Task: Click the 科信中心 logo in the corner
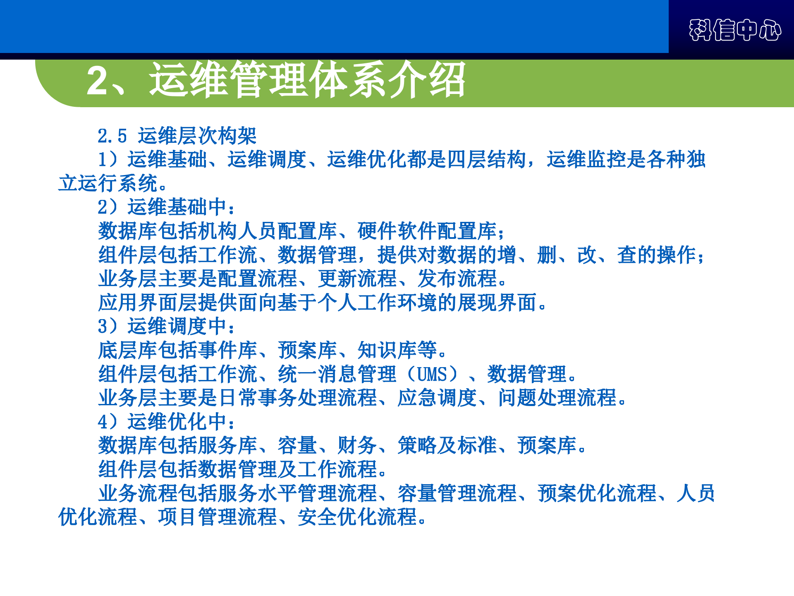tap(735, 30)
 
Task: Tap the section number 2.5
tap(112, 136)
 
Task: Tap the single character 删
tap(546, 255)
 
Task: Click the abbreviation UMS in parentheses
tap(432, 374)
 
